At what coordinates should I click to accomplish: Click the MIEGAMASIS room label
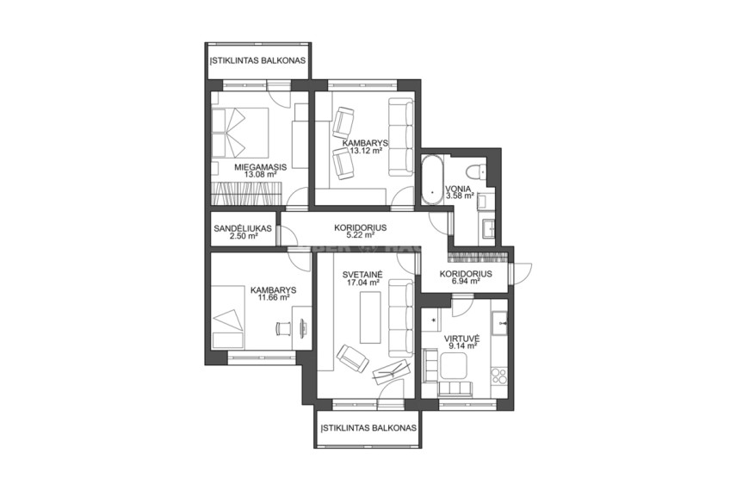pos(261,167)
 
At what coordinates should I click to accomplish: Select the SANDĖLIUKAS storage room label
pos(243,229)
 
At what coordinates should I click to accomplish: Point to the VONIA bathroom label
pos(459,189)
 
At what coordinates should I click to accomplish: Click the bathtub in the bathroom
pos(432,179)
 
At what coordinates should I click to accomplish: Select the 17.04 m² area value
pos(362,283)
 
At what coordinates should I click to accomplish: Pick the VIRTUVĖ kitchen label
pos(461,338)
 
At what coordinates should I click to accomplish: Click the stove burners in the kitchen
pos(499,376)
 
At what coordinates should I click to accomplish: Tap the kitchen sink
pos(499,323)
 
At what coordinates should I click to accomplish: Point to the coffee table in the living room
pos(370,317)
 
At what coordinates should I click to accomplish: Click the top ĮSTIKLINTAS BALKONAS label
pos(258,60)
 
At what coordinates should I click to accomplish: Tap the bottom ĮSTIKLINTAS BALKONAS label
pos(368,428)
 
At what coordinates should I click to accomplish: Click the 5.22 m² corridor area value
pos(361,235)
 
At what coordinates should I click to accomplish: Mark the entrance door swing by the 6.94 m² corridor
pos(522,273)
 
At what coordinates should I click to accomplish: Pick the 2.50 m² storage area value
pos(244,236)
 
